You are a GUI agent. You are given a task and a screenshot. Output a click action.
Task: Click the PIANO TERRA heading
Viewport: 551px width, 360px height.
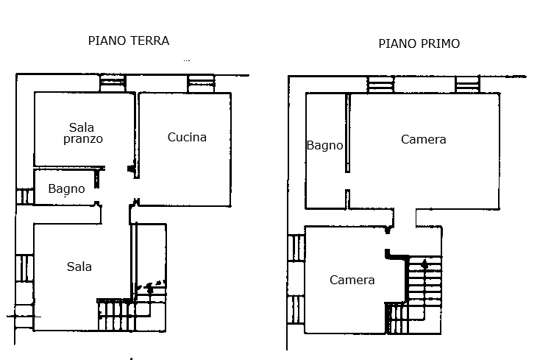pyautogui.click(x=128, y=40)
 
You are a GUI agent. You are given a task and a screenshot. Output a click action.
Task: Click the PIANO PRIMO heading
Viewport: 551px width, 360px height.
pyautogui.click(x=419, y=43)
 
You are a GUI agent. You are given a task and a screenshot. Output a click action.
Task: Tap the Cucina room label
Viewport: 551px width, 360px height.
pyautogui.click(x=187, y=137)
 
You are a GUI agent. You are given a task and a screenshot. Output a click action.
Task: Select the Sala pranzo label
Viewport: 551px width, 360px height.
pyautogui.click(x=82, y=133)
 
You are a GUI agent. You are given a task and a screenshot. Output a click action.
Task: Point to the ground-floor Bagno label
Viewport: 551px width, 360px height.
pyautogui.click(x=66, y=189)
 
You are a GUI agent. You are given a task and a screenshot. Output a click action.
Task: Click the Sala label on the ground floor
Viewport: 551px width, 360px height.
pyautogui.click(x=79, y=267)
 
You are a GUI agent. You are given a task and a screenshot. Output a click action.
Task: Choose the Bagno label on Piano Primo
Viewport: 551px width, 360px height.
pyautogui.click(x=324, y=146)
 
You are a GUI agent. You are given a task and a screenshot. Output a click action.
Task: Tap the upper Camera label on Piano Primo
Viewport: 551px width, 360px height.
pyautogui.click(x=423, y=139)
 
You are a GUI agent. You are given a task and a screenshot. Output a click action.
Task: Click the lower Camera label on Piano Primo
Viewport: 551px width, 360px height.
pyautogui.click(x=352, y=280)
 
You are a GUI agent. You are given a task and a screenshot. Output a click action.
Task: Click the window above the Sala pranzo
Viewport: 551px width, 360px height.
pyautogui.click(x=113, y=82)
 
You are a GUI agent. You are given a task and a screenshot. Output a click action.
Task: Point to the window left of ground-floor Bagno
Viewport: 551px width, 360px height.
pyautogui.click(x=25, y=197)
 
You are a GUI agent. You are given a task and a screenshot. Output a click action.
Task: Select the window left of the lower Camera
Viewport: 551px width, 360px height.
pyautogui.click(x=296, y=247)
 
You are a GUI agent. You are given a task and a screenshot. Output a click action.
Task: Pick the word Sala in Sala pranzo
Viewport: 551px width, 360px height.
pyautogui.click(x=82, y=127)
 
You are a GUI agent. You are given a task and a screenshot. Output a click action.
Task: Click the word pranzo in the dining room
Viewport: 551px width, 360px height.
pyautogui.click(x=82, y=138)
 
